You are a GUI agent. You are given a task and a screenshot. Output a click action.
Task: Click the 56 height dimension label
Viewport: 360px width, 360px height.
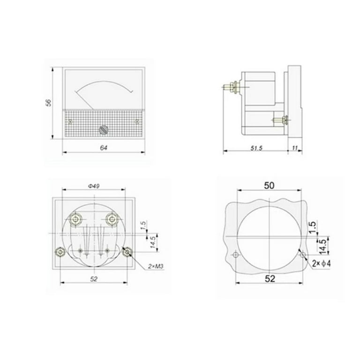(x=48, y=103)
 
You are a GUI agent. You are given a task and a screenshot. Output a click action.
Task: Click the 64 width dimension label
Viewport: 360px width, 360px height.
(x=104, y=148)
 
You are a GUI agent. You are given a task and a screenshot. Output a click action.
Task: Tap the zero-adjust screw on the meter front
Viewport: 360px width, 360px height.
(x=104, y=130)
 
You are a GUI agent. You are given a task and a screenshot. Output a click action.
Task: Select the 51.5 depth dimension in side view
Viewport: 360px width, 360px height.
(x=256, y=148)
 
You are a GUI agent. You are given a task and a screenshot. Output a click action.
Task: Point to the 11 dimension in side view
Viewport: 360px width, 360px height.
(x=295, y=148)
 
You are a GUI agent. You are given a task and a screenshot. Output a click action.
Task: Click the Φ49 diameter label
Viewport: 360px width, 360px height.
(x=94, y=186)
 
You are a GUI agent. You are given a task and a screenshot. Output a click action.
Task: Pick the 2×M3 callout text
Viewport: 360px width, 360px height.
(x=156, y=266)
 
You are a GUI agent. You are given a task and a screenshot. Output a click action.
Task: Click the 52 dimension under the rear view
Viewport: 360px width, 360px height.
(x=94, y=279)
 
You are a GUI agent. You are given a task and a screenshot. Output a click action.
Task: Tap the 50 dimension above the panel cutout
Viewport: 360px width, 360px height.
(x=269, y=186)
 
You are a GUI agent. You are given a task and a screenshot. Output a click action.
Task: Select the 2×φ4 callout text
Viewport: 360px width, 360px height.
(x=321, y=263)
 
